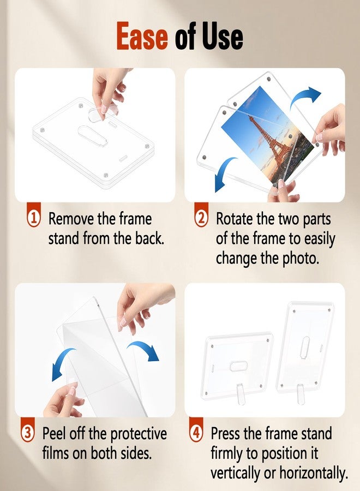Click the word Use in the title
(x=219, y=38)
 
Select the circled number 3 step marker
(x=29, y=434)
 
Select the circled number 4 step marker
(x=197, y=434)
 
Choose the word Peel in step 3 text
(x=56, y=434)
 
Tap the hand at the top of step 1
(x=109, y=90)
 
